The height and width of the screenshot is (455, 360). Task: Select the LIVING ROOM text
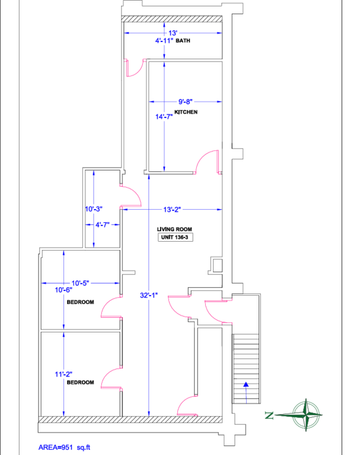pyautogui.click(x=175, y=229)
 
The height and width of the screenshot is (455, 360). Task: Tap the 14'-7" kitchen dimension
pyautogui.click(x=164, y=117)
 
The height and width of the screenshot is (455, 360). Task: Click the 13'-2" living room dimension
pyautogui.click(x=171, y=209)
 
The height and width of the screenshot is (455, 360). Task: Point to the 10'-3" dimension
pyautogui.click(x=94, y=209)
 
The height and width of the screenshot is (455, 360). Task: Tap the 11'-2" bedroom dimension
pyautogui.click(x=63, y=374)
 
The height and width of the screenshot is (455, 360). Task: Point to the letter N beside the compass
pyautogui.click(x=270, y=415)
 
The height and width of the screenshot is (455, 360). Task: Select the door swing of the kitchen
pyautogui.click(x=209, y=161)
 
